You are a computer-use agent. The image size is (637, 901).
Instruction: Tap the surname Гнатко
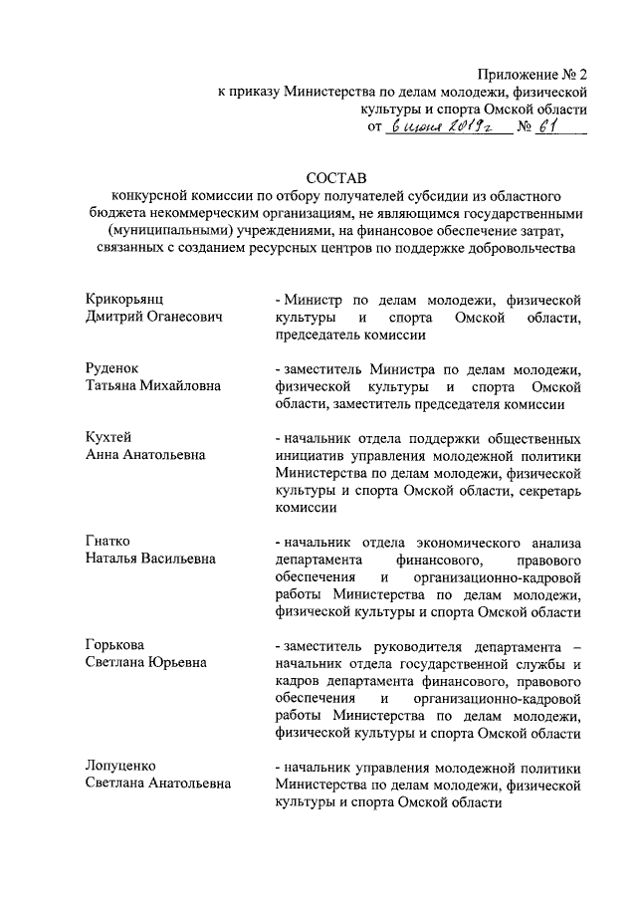click(108, 542)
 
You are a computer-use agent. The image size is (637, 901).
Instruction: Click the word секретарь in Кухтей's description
click(541, 491)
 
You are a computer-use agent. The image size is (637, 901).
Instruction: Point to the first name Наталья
click(112, 560)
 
